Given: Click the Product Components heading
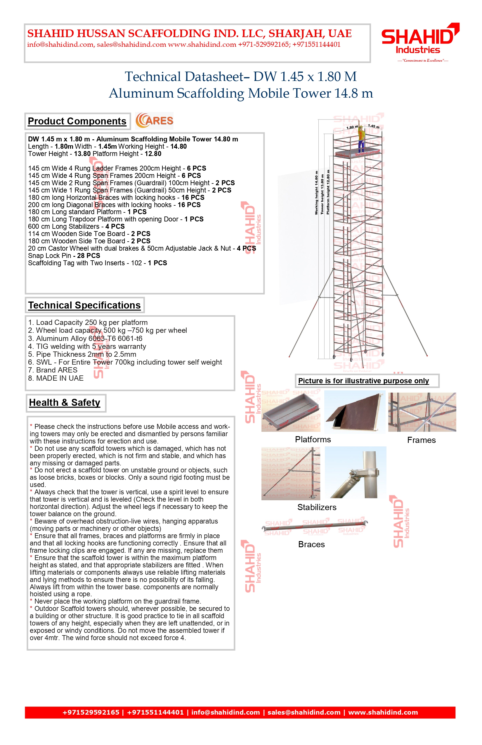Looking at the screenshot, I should pos(77,121).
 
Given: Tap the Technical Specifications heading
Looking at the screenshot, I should pos(84,305).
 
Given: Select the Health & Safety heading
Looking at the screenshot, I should pos(65,403).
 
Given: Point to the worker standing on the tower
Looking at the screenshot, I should pos(362,138).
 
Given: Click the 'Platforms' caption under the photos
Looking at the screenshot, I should pos(313,439).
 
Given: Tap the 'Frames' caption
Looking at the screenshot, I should pos(421,440).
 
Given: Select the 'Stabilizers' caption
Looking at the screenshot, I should pos(317,507).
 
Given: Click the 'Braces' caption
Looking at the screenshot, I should pos(311,544).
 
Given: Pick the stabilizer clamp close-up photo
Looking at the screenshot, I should pos(356,472).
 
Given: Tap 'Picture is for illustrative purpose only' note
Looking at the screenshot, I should pos(363,381).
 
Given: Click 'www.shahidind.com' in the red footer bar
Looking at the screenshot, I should pos(383,713).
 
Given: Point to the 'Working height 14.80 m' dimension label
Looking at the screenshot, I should pos(316,193).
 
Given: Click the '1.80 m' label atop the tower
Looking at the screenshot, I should pos(352,127).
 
